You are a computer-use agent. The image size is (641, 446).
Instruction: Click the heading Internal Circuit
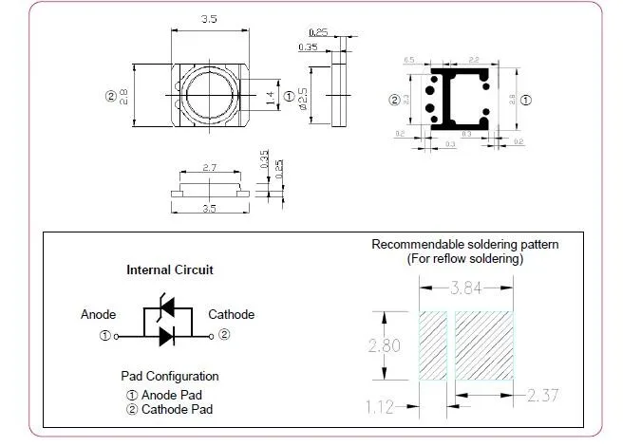tap(170, 269)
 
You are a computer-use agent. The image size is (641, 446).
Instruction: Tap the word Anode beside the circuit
tap(99, 315)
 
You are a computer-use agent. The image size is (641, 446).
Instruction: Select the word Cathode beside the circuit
tap(231, 315)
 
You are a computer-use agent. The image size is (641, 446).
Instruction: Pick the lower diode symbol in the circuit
tap(167, 335)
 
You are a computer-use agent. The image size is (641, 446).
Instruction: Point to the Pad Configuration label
tap(170, 376)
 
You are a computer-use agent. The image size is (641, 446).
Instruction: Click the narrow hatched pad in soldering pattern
tap(433, 346)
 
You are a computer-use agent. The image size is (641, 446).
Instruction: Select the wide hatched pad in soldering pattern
tap(485, 346)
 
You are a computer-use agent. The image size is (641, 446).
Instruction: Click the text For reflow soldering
tap(465, 258)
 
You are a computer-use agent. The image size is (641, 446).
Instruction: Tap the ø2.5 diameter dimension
tap(303, 97)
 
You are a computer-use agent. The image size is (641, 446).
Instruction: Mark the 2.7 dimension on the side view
tap(210, 167)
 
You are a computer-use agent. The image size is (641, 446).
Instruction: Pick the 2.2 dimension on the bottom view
tap(474, 59)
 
